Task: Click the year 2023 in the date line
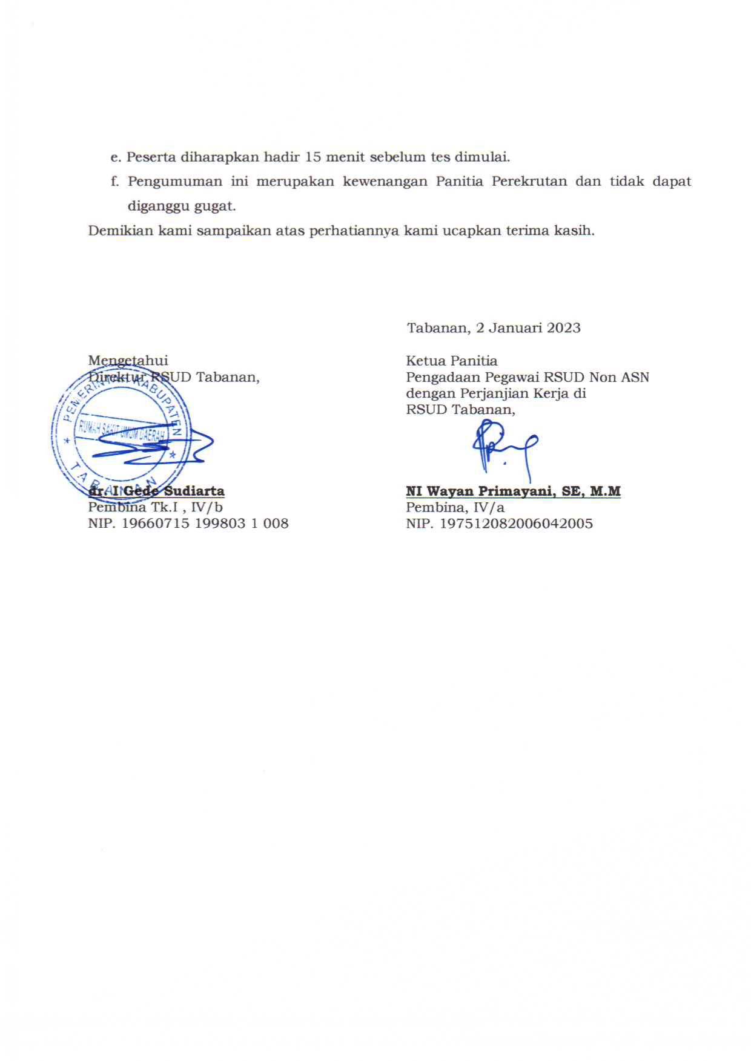(x=563, y=328)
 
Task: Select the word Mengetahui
(x=128, y=361)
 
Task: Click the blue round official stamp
(x=121, y=432)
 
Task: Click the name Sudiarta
(x=194, y=491)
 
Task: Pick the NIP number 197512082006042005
(x=515, y=524)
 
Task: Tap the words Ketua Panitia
(x=452, y=361)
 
